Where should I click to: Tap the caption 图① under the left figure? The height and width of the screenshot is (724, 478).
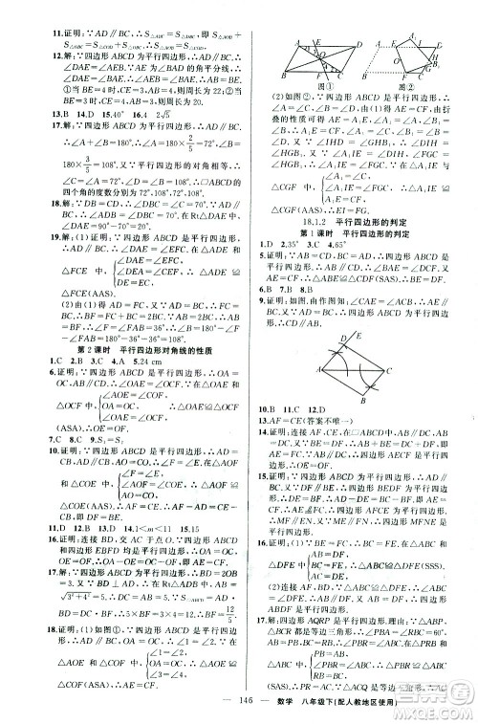[302, 97]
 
